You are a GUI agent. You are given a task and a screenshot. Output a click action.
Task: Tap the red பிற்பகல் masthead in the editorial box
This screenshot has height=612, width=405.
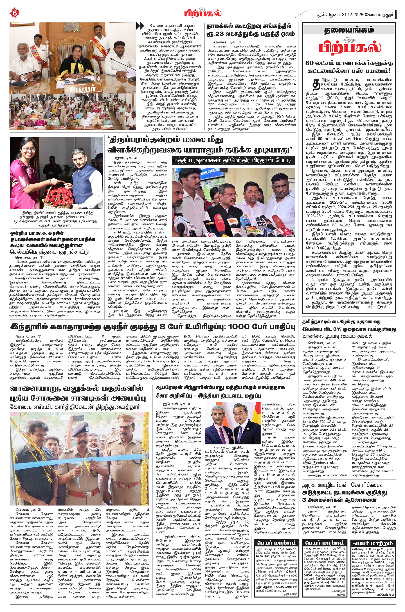349,47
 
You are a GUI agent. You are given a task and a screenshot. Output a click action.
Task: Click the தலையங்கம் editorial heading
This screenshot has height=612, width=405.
349,30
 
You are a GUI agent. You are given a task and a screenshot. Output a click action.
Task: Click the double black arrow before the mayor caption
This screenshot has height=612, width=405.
140,26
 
